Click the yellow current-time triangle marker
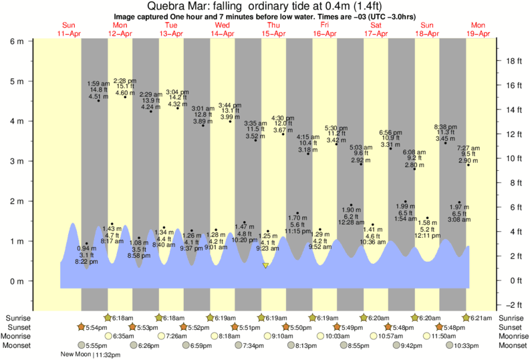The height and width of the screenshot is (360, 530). point(265,266)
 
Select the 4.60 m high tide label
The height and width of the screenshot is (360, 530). point(125,93)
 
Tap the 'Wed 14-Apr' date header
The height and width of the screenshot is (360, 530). point(223,29)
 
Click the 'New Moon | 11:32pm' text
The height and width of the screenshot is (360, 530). point(85,355)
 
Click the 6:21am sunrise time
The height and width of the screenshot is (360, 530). point(483,318)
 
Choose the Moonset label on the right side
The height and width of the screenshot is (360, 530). point(511,346)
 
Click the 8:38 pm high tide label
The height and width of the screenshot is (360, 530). point(446,126)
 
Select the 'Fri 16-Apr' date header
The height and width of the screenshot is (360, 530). point(325,29)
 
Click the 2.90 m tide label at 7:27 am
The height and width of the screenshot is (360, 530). point(468,161)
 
